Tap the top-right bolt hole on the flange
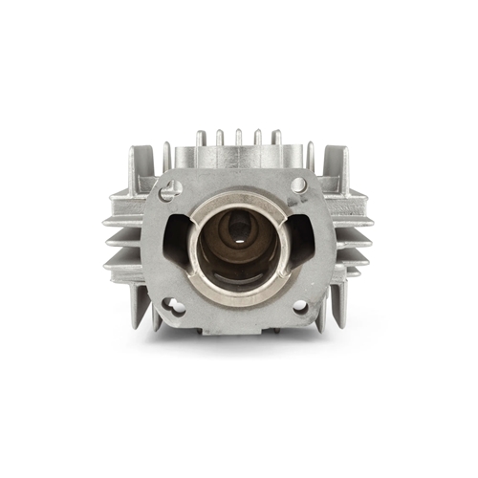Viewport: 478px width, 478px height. tap(298, 185)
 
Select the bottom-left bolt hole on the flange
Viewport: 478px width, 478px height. tap(174, 306)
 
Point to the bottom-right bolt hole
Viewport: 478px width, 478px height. tap(299, 306)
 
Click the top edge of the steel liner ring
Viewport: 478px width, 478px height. tap(238, 195)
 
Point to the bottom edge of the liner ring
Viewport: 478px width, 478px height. tap(238, 293)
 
